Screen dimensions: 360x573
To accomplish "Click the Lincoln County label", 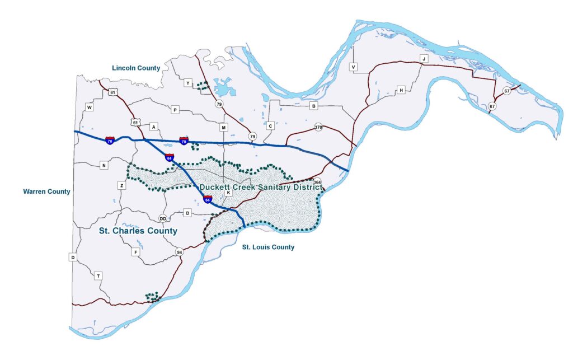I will click(136, 68).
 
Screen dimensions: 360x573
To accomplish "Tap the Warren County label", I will click(46, 191).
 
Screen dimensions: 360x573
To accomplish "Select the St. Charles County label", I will click(138, 231).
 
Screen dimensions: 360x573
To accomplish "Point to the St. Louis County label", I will click(268, 247).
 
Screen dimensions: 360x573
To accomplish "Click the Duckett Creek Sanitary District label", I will click(261, 187).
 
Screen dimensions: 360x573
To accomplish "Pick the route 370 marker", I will click(318, 127).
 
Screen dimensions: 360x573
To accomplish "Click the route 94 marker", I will click(179, 251).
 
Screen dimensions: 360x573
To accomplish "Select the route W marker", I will click(89, 106).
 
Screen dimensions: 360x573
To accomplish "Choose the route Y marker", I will click(188, 83).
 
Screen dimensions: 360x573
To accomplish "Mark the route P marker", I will click(175, 110).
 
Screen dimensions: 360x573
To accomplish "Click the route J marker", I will click(424, 59).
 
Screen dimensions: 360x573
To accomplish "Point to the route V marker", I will click(353, 67).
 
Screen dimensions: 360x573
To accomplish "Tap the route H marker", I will click(401, 90).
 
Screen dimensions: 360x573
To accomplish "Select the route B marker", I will click(314, 106).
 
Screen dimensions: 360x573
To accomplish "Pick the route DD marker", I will click(163, 218).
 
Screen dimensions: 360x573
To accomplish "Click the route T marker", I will click(98, 276).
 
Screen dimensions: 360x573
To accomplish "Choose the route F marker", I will click(135, 253).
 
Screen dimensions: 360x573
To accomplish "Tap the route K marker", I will click(228, 193).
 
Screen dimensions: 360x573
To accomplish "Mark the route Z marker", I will click(121, 185).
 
